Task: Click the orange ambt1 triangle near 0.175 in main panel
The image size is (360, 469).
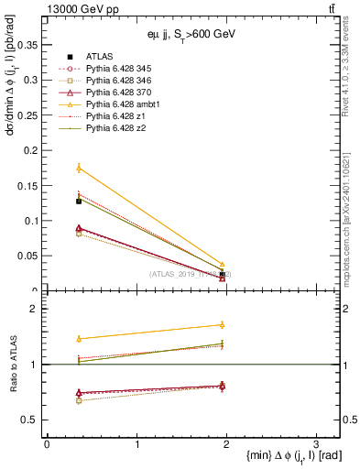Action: [79, 169]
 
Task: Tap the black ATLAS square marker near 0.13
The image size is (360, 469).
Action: [79, 201]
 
